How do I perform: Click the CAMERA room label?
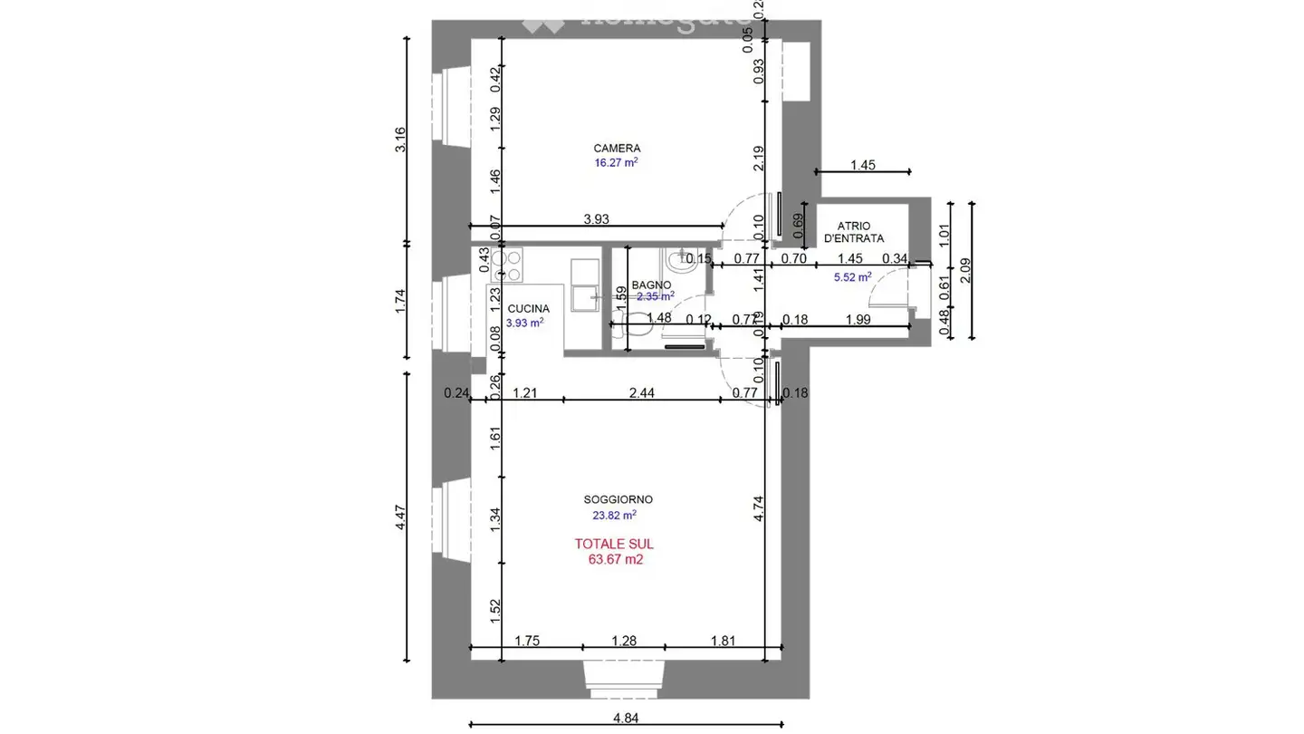(x=617, y=148)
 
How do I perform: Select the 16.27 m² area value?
(x=616, y=163)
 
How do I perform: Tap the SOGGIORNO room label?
(x=618, y=499)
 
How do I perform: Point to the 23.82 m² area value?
(x=615, y=514)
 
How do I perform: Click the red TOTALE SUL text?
(x=614, y=544)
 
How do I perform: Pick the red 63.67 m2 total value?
(x=616, y=559)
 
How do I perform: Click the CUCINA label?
(x=528, y=309)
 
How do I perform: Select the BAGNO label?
(x=651, y=285)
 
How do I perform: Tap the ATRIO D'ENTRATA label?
(x=853, y=232)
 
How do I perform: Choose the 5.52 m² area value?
(x=852, y=277)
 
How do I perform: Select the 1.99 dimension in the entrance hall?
(x=858, y=318)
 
